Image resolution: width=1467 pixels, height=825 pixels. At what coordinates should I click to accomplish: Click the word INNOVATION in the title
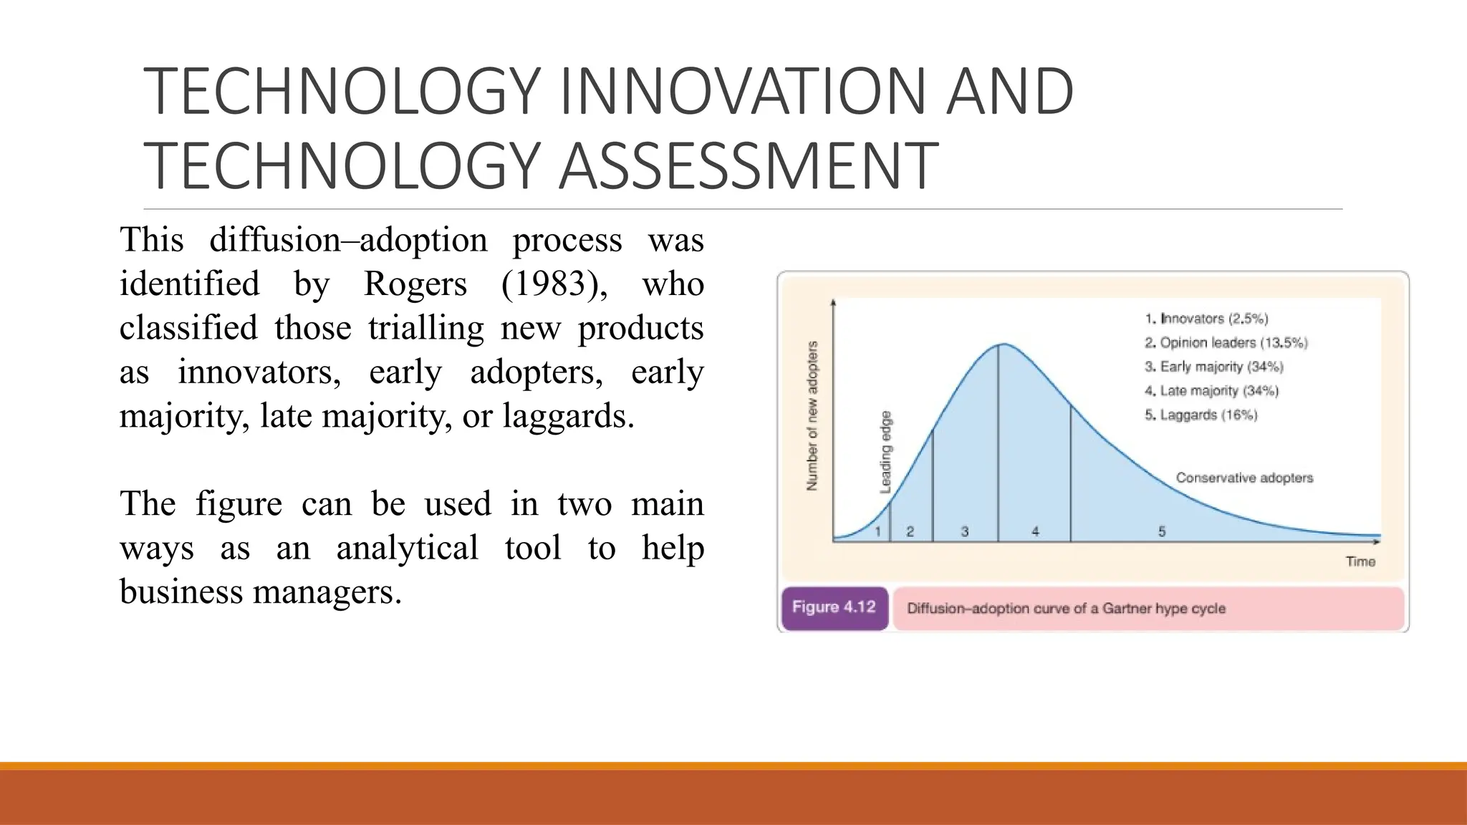point(745,91)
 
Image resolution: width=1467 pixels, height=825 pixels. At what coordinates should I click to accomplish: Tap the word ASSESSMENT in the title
point(748,166)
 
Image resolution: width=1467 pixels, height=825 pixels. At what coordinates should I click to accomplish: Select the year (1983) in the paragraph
point(554,284)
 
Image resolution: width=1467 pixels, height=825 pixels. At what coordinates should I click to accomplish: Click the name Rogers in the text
point(415,284)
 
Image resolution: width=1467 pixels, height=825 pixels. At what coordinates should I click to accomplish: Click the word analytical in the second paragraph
point(407,549)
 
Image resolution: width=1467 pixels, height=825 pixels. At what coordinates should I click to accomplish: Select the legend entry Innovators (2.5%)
point(1206,319)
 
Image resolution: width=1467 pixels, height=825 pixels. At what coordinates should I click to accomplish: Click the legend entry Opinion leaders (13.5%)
point(1226,343)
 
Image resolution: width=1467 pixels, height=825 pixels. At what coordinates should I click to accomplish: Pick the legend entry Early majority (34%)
point(1214,367)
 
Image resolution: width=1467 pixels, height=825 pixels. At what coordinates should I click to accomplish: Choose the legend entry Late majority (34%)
point(1211,391)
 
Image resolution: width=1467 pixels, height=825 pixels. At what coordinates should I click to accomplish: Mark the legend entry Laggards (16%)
point(1201,415)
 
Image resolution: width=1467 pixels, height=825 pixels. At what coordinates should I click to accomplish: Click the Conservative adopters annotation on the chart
point(1244,478)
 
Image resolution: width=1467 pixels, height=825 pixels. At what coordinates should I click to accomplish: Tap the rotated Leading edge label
point(886,452)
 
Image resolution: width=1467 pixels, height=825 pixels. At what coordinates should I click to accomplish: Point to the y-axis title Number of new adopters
point(812,416)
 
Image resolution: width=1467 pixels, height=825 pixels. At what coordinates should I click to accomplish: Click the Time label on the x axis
point(1360,561)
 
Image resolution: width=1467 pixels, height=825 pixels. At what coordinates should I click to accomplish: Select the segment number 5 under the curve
point(1162,531)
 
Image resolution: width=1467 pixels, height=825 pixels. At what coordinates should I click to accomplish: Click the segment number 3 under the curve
point(965,531)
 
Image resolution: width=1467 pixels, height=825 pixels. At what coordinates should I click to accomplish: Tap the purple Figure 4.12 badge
point(834,608)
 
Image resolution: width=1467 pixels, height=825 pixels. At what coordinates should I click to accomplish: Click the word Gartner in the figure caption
point(1127,609)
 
